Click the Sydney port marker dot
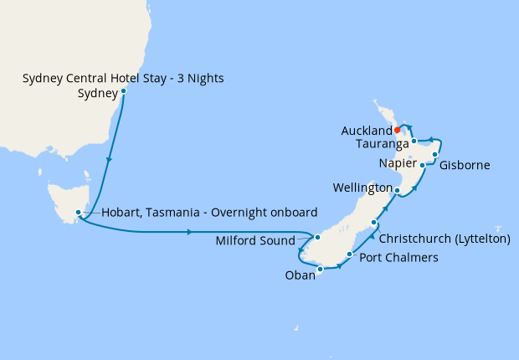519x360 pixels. point(123,90)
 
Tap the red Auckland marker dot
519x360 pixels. point(397,130)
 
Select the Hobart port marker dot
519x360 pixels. point(78,213)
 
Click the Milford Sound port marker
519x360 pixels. point(317,238)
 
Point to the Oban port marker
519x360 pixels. point(321,270)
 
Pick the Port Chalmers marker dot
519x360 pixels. point(349,251)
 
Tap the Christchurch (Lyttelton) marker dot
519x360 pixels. point(373,223)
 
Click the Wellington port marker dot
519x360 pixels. point(397,191)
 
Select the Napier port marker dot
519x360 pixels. point(422,165)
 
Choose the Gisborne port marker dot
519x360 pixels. point(435,155)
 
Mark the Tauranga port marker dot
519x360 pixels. point(414,141)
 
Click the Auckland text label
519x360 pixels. point(366,131)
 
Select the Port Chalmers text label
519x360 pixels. point(398,258)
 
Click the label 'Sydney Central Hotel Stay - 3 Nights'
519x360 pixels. point(123,79)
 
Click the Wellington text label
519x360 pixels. point(362,186)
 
